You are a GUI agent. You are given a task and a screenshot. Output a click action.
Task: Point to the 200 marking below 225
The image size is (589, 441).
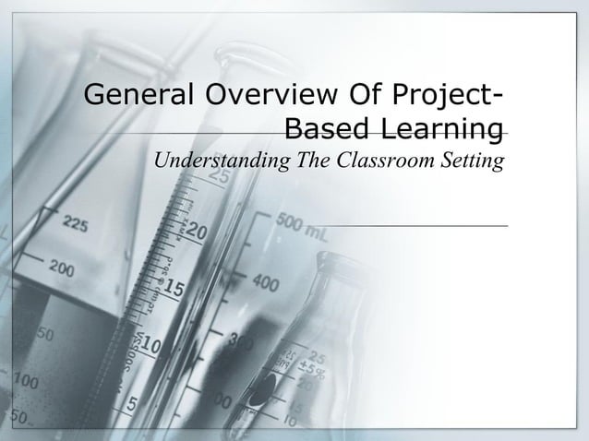coord(63,268)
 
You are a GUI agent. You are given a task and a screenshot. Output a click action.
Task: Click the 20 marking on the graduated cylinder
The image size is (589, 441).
coord(197,232)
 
